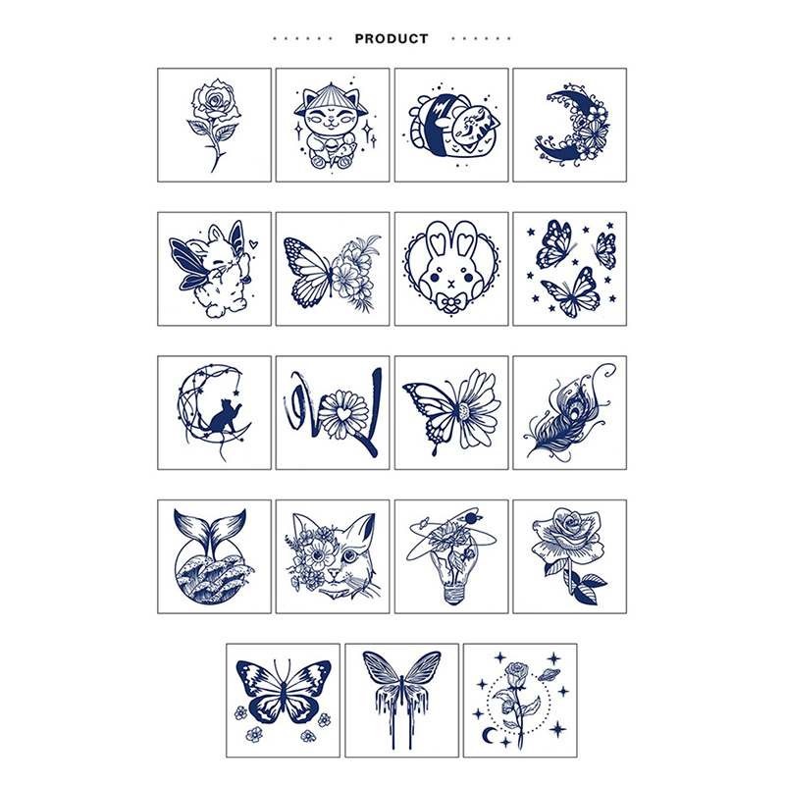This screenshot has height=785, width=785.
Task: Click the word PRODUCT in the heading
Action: click(x=392, y=38)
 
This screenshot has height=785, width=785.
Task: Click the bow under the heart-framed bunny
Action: click(x=451, y=302)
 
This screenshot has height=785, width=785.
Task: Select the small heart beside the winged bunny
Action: click(x=253, y=244)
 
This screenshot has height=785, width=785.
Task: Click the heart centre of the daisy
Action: click(x=341, y=414)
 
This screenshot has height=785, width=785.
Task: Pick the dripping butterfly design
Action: click(x=401, y=699)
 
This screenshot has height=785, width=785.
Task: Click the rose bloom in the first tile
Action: click(x=215, y=101)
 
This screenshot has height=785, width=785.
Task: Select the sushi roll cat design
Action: click(x=450, y=126)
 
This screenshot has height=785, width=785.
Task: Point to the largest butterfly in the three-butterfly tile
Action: click(x=571, y=292)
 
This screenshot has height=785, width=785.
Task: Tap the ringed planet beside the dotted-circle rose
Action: click(x=549, y=674)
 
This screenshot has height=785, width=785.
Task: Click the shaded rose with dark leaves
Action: click(x=570, y=555)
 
